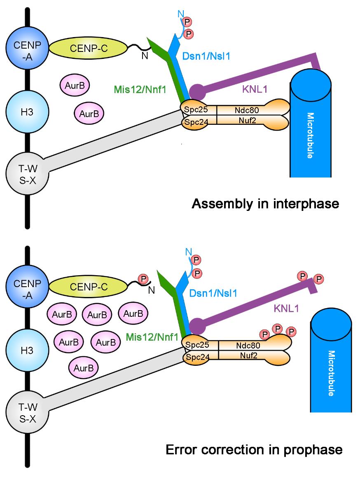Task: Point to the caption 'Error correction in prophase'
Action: pos(254,449)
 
